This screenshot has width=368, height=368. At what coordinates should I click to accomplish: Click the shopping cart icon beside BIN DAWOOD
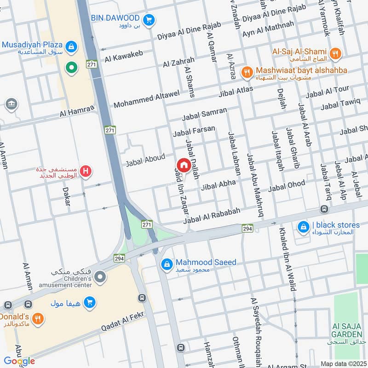pyautogui.click(x=148, y=20)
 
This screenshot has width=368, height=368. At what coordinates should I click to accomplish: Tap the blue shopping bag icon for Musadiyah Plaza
pyautogui.click(x=71, y=46)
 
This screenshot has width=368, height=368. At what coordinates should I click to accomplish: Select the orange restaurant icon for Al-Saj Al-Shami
pyautogui.click(x=335, y=53)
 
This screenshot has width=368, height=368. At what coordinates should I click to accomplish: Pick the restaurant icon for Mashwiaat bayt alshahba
pyautogui.click(x=247, y=72)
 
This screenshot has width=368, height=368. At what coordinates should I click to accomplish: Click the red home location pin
pyautogui.click(x=183, y=165)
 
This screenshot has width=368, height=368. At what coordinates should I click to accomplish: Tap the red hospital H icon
pyautogui.click(x=85, y=172)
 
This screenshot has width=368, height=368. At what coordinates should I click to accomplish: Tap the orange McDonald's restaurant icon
pyautogui.click(x=38, y=318)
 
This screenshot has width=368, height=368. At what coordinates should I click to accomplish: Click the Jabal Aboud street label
pyautogui.click(x=145, y=161)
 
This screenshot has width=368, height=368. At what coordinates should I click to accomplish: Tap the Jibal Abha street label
pyautogui.click(x=218, y=185)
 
